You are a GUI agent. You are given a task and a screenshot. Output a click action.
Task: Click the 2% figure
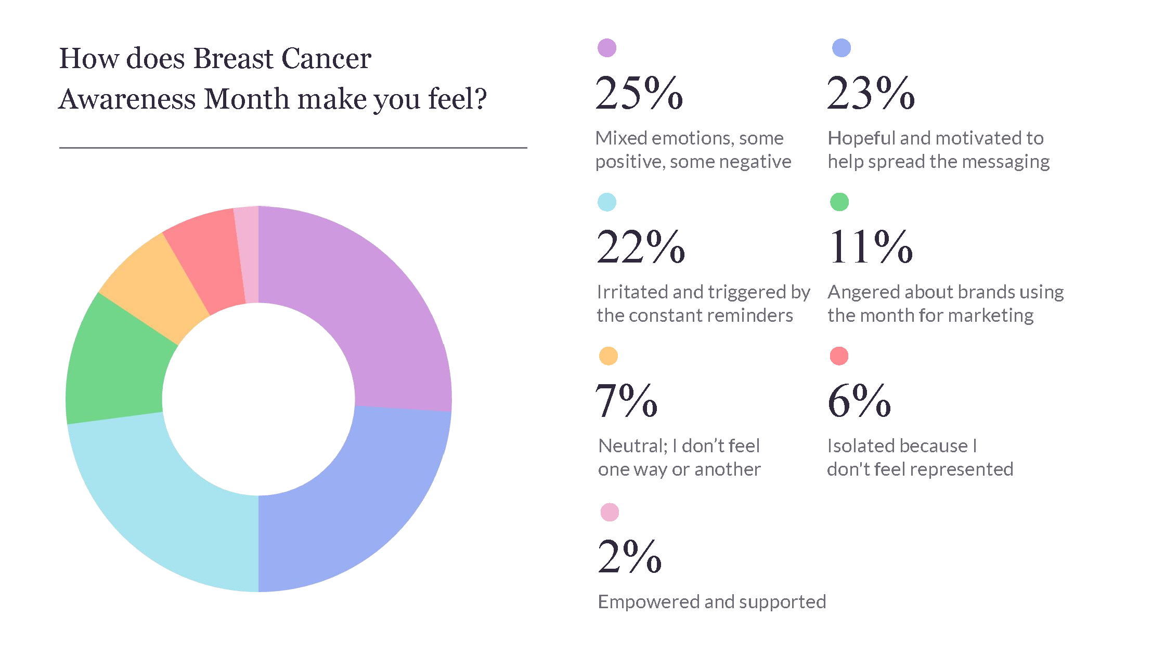pos(629,557)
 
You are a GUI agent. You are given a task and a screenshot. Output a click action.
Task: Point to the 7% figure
pos(626,401)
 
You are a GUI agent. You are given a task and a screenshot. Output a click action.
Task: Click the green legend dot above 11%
pos(839,202)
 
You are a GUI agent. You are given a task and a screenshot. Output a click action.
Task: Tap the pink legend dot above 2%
pos(610,512)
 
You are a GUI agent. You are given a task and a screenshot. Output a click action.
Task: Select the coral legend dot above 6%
pos(839,356)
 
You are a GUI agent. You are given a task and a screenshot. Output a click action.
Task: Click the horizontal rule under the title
pos(293,148)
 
